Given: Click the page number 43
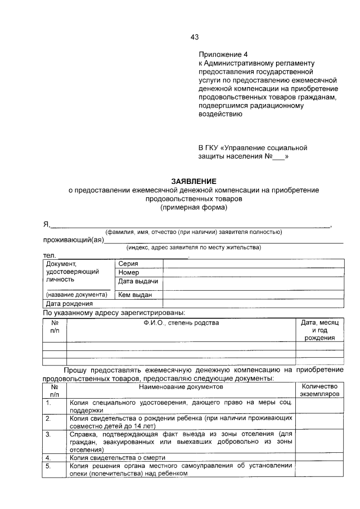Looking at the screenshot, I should [x=195, y=37].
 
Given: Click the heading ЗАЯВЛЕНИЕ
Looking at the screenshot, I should [x=193, y=181].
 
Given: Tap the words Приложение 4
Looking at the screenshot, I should [x=223, y=55].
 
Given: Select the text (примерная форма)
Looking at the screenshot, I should [x=193, y=207].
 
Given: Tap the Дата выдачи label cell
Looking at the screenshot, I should [x=138, y=281].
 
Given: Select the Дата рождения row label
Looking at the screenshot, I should [x=69, y=304].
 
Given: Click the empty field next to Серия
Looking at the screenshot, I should [x=253, y=263].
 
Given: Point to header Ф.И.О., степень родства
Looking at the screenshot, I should [x=181, y=323].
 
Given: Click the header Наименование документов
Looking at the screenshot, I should [x=181, y=387].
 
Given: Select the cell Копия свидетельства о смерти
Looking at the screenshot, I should [x=121, y=458].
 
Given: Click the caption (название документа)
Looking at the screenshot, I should [x=76, y=294].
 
